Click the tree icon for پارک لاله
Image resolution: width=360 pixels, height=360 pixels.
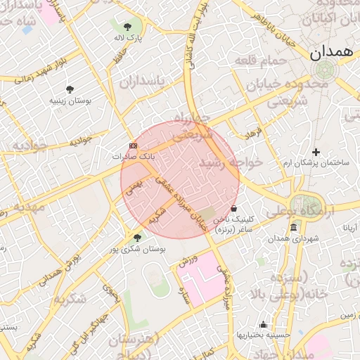[127, 26]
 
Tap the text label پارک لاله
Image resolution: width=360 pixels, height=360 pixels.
[129, 37]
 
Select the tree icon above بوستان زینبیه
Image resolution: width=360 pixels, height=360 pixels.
[70, 89]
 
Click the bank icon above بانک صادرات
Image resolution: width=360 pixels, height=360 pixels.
[134, 146]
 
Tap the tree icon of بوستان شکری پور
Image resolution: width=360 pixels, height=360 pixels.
[137, 238]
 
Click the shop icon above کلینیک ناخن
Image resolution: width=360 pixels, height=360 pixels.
[234, 209]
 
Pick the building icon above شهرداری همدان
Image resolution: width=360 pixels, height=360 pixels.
[293, 227]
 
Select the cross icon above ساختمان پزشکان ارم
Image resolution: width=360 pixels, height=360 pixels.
[316, 152]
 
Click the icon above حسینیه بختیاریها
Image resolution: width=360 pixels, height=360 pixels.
[263, 324]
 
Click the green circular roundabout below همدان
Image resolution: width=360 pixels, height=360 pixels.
[325, 70]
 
